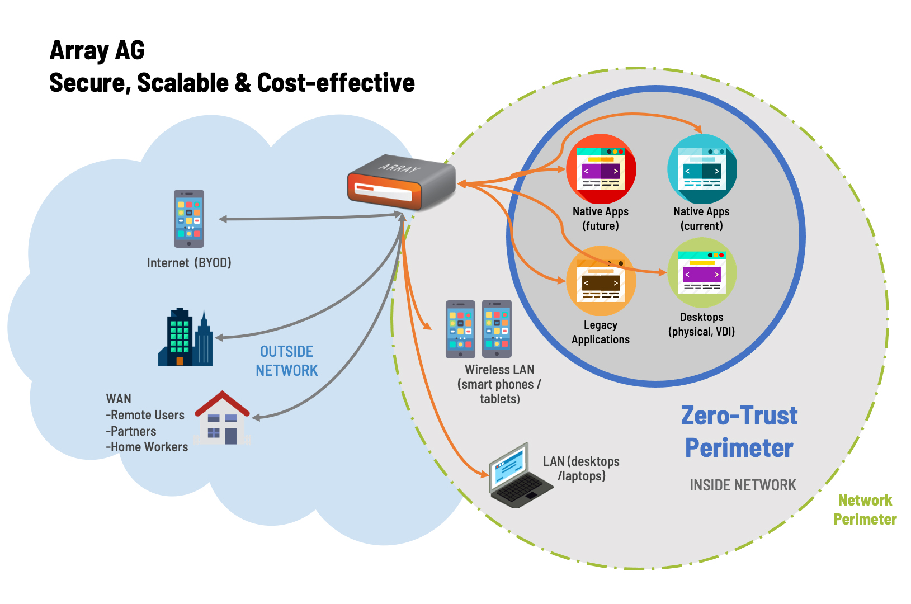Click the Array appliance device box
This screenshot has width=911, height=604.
coord(401,182)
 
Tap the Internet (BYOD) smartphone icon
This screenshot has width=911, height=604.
coord(188,219)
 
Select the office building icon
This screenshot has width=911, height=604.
coord(185,338)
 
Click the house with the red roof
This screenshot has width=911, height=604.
coord(222,418)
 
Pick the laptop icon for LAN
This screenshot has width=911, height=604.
coord(518,476)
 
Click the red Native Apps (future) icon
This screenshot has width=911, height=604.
coord(601,169)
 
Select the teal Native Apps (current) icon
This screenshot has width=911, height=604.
coord(702,169)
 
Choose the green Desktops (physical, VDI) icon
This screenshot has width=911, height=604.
coord(702,273)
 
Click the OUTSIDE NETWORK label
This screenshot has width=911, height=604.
coord(286,361)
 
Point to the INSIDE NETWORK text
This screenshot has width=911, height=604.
coord(743,485)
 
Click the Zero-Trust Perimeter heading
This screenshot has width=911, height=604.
coord(739,432)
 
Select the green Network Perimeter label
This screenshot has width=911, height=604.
coord(865,509)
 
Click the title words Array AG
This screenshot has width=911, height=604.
coord(97,50)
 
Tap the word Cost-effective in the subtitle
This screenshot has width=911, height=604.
coord(336,83)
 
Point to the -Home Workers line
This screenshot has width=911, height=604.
coord(147,447)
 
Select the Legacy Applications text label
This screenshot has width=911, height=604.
coord(601,332)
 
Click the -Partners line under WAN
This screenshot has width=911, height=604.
coord(131,431)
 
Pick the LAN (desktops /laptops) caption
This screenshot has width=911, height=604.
coord(582,469)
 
